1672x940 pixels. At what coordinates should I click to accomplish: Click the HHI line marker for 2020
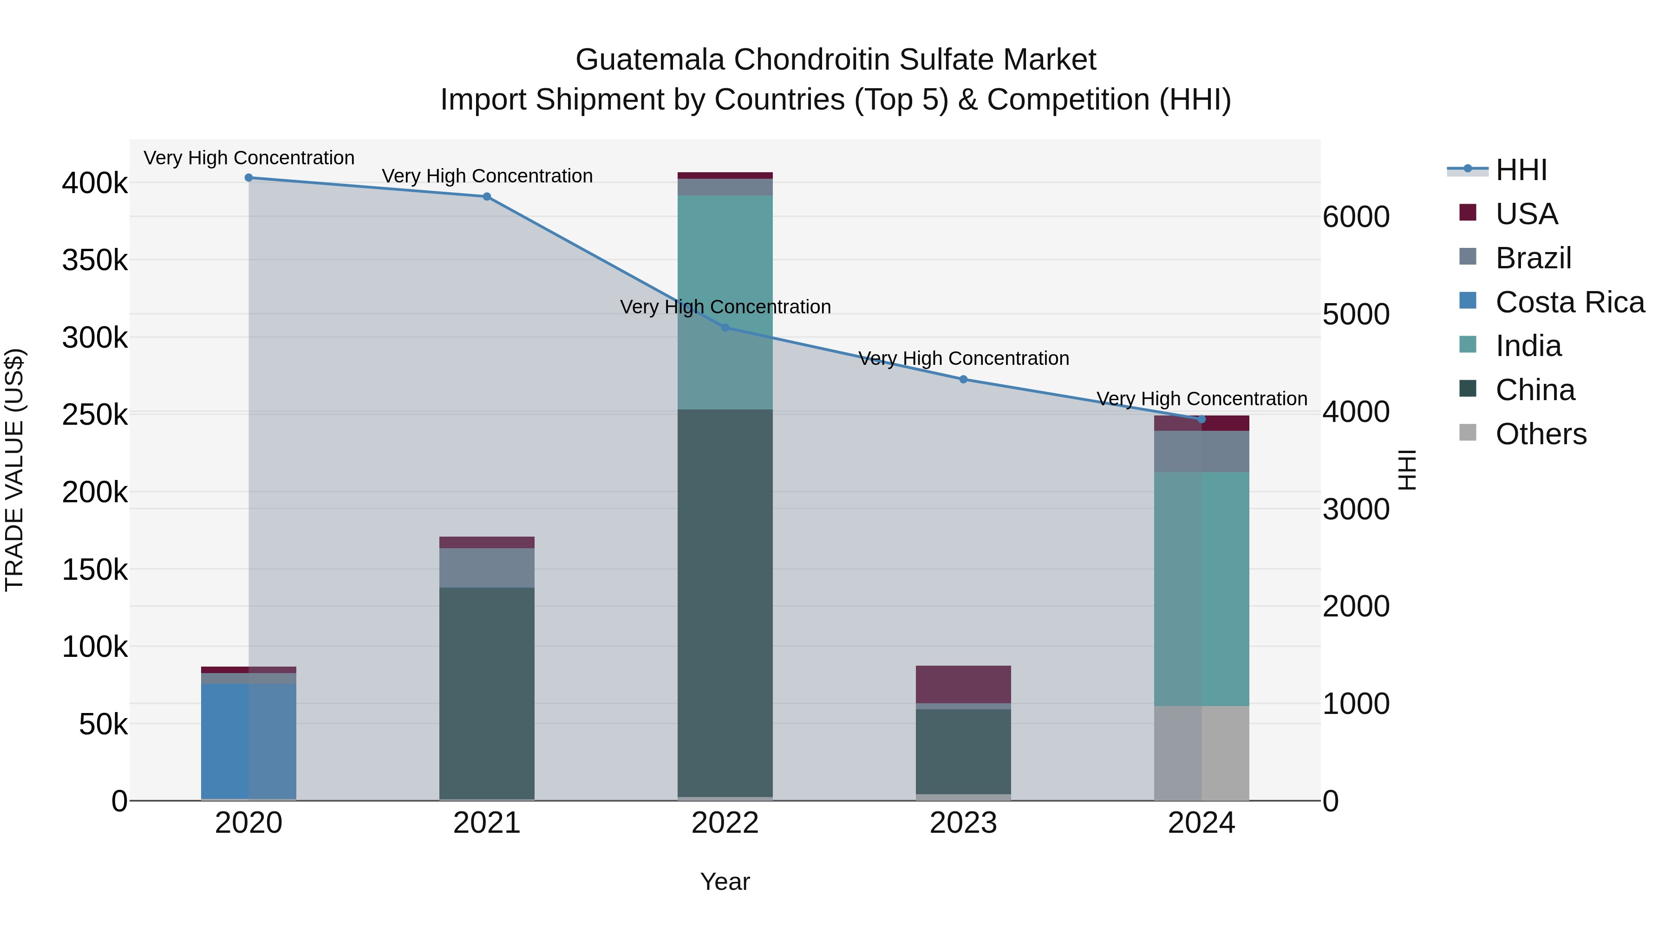(248, 178)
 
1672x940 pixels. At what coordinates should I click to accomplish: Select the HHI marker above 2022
(725, 328)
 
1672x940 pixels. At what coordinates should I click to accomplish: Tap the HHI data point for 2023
(963, 380)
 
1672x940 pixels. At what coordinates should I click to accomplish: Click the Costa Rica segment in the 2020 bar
(248, 741)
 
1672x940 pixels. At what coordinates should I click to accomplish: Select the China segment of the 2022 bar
(725, 603)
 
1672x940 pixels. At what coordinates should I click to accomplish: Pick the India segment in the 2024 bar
(1202, 589)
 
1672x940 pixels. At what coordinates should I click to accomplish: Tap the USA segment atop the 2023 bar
(963, 684)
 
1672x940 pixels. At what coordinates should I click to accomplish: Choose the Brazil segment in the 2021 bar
(487, 568)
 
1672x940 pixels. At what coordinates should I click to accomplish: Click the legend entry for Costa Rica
(1569, 302)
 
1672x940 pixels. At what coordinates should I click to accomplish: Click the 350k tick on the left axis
(95, 261)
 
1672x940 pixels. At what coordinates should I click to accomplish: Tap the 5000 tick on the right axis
(1356, 315)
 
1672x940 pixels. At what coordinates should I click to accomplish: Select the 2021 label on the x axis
(487, 823)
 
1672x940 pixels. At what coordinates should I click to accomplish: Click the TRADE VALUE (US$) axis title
(14, 470)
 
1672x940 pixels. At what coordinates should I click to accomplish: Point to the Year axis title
(725, 882)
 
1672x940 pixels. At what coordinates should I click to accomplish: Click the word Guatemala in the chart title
(650, 60)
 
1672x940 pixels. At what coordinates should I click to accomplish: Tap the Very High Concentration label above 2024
(1202, 398)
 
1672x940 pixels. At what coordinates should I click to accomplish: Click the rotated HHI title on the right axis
(1406, 470)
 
